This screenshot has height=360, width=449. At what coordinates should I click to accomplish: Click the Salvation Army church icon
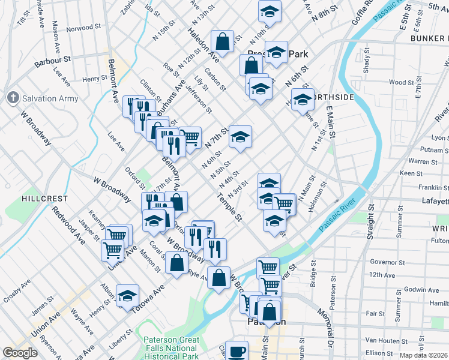point(13,98)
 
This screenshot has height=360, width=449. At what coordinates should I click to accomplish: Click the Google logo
point(20,353)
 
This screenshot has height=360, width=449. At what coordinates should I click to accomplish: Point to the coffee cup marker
point(237,350)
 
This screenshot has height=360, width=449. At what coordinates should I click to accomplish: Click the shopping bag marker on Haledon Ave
point(223,42)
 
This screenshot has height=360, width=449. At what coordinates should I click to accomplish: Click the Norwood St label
point(80,28)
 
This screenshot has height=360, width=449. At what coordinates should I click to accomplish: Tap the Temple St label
point(229,208)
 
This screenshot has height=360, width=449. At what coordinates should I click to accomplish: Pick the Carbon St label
point(214,80)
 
